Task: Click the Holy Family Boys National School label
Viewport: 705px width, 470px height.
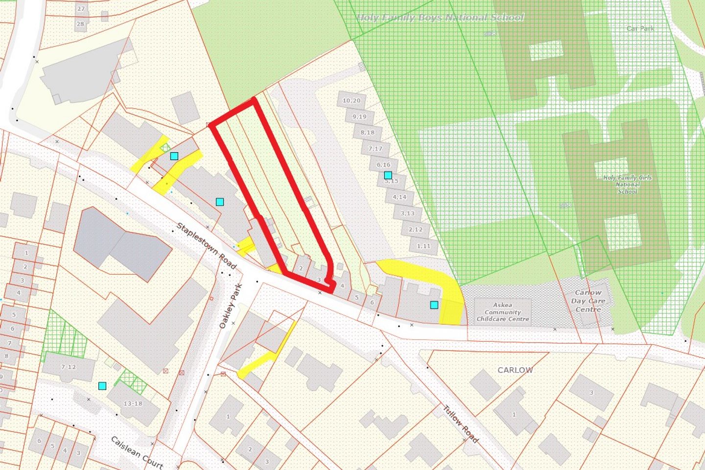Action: pyautogui.click(x=440, y=18)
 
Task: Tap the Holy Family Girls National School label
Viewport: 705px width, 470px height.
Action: pyautogui.click(x=627, y=185)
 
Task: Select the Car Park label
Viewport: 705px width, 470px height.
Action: pyautogui.click(x=640, y=28)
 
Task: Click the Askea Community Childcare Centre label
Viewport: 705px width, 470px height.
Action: pyautogui.click(x=503, y=312)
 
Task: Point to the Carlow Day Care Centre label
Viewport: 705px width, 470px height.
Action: pyautogui.click(x=588, y=301)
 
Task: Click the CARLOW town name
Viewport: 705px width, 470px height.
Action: pyautogui.click(x=515, y=370)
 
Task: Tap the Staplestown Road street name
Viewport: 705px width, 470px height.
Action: pyautogui.click(x=206, y=246)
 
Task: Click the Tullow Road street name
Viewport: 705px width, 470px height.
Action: pyautogui.click(x=460, y=423)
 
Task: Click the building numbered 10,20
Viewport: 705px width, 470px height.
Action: pyautogui.click(x=352, y=101)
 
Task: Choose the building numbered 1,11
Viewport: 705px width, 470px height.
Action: pyautogui.click(x=423, y=246)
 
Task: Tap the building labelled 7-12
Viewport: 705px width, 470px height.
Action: pyautogui.click(x=69, y=367)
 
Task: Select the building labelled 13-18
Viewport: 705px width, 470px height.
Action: pyautogui.click(x=133, y=403)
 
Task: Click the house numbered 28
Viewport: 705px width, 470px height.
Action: pyautogui.click(x=80, y=23)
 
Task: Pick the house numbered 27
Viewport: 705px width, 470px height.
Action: pyautogui.click(x=81, y=9)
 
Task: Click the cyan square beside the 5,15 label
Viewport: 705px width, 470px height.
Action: pyautogui.click(x=388, y=175)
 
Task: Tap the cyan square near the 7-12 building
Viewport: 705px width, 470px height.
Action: pyautogui.click(x=102, y=386)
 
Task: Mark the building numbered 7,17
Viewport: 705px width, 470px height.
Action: pyautogui.click(x=376, y=148)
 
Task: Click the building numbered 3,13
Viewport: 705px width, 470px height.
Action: pyautogui.click(x=407, y=213)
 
